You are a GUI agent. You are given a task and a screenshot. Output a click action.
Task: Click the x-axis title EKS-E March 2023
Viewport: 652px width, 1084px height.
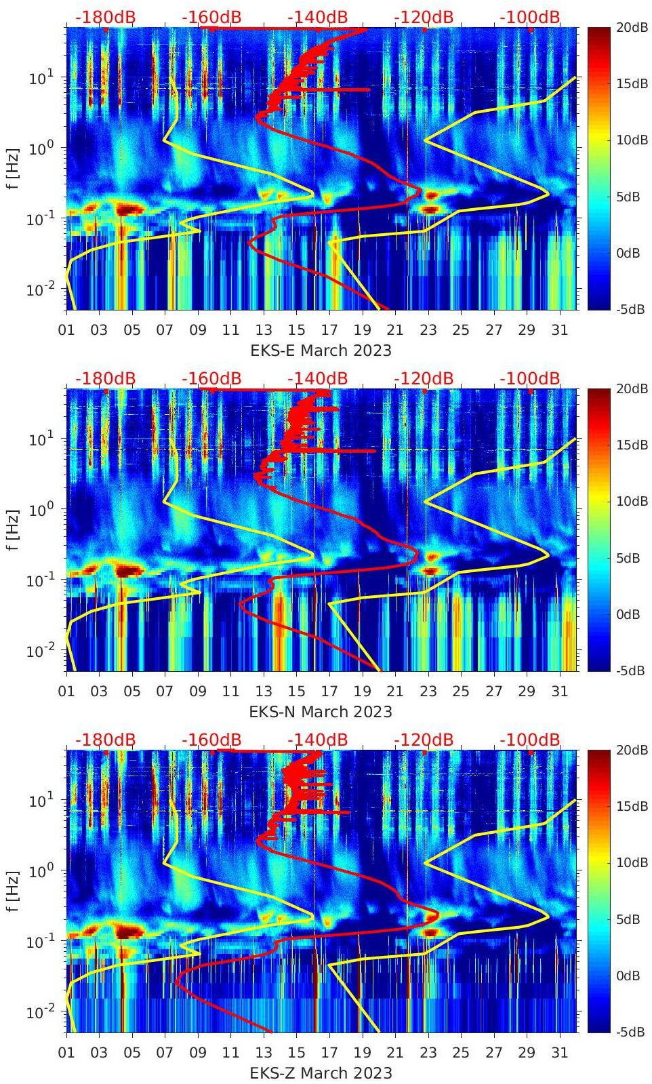click(x=321, y=350)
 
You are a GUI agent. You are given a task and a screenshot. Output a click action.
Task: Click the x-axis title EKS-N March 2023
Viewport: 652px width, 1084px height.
click(x=321, y=712)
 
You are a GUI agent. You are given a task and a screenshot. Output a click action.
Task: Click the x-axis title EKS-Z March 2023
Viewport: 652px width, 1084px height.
click(x=321, y=1073)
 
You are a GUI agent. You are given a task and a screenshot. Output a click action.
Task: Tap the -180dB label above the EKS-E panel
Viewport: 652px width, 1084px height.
click(x=105, y=17)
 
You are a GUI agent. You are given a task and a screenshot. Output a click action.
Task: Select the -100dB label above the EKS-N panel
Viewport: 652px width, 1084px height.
click(x=530, y=378)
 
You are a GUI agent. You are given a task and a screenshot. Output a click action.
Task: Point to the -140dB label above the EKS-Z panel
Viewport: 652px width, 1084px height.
click(x=317, y=740)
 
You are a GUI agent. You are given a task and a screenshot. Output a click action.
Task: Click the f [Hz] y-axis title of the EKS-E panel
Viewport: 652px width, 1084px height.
click(x=14, y=168)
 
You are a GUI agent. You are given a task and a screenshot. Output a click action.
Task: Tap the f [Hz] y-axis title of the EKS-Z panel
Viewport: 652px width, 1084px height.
click(x=14, y=891)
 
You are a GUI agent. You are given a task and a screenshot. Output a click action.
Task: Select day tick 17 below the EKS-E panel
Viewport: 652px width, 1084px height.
click(x=329, y=330)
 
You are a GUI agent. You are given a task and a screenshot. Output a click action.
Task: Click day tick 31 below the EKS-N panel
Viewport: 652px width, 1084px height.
click(x=559, y=691)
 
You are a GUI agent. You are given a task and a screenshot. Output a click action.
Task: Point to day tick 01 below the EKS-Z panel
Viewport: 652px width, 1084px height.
click(x=66, y=1053)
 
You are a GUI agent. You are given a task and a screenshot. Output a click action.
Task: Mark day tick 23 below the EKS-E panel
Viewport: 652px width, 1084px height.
click(x=428, y=330)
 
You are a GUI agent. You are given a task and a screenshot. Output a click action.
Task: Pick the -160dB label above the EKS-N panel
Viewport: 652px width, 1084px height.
click(x=211, y=378)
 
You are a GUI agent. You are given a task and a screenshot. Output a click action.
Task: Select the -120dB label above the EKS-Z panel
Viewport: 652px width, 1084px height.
click(x=424, y=740)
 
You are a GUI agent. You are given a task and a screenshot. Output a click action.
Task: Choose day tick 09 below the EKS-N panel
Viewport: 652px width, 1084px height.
click(x=198, y=691)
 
